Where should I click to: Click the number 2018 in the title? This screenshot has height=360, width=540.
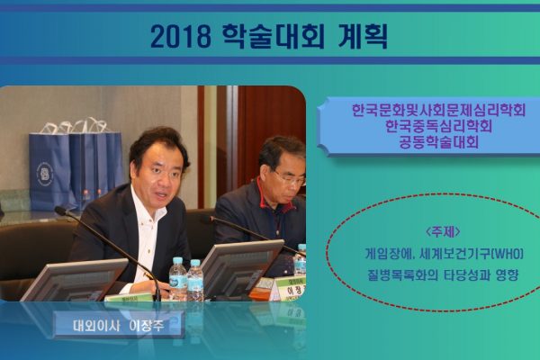pos(181,36)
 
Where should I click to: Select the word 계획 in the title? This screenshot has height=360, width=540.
pos(362,36)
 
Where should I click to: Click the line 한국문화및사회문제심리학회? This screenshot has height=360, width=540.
pos(438,111)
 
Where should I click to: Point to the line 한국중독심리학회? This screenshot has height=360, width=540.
pos(438,126)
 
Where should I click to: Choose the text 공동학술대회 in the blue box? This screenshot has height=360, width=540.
pos(438,141)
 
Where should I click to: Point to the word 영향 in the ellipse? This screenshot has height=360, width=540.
pos(507,275)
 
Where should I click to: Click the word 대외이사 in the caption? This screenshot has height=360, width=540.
pos(95,326)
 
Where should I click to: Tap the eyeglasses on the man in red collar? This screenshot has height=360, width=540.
pos(290,179)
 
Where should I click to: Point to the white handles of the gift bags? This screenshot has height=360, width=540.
pos(74,126)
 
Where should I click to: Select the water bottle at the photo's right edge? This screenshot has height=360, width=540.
pos(301,260)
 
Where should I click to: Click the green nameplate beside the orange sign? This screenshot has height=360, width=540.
pos(292,289)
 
